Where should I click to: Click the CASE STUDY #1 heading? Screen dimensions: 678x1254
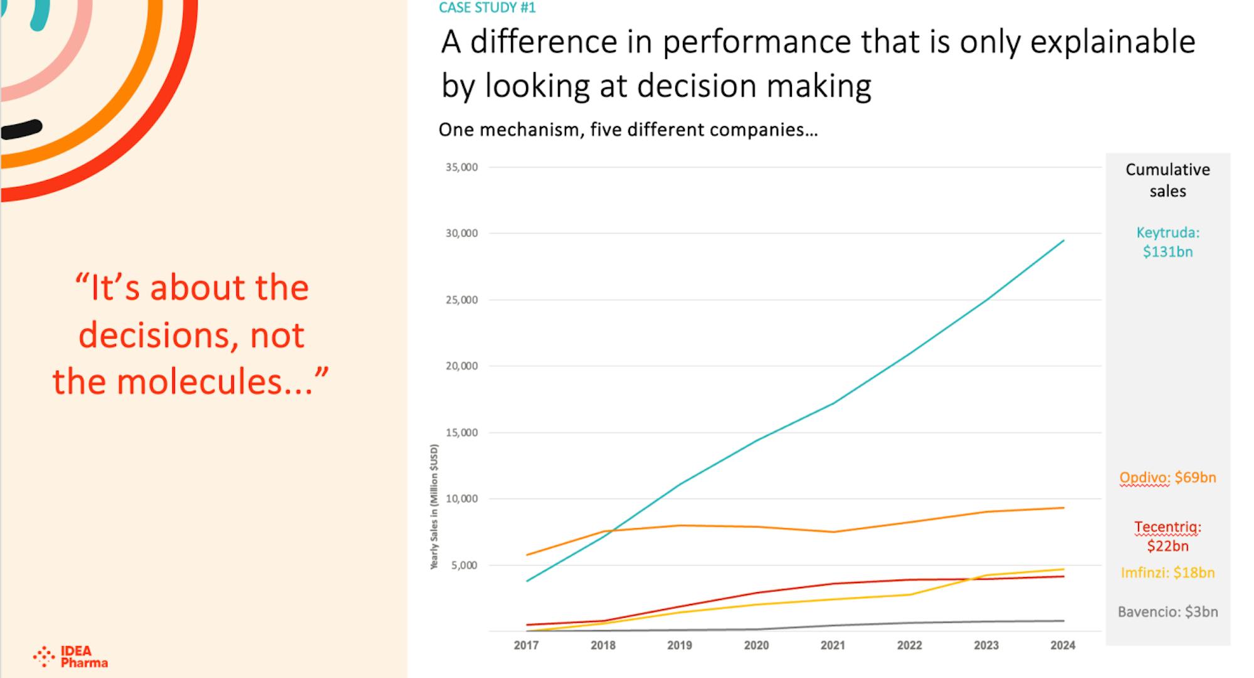click(x=487, y=8)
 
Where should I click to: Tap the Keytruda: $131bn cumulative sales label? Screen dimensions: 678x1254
click(x=1167, y=242)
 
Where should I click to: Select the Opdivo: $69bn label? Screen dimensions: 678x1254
click(x=1167, y=478)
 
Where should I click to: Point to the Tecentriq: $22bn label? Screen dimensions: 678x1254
click(x=1167, y=537)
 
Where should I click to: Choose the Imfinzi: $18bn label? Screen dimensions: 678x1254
click(x=1167, y=573)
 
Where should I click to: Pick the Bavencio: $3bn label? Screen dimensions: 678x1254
click(x=1167, y=612)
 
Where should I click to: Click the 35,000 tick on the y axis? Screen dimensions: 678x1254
click(x=461, y=167)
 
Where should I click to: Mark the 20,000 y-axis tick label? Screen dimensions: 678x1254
click(x=461, y=366)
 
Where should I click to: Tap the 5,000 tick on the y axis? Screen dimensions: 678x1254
click(x=464, y=566)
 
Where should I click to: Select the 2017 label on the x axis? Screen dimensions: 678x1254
click(x=526, y=645)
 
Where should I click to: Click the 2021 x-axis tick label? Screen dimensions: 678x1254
click(x=833, y=645)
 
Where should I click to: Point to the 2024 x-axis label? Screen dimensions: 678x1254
click(x=1063, y=645)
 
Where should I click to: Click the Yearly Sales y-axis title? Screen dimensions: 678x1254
click(x=434, y=507)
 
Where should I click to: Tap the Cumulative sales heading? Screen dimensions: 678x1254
click(x=1167, y=180)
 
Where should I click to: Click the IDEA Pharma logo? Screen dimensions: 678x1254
click(x=70, y=657)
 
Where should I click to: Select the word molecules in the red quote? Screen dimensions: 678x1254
click(x=214, y=382)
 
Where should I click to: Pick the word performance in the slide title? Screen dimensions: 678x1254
click(x=757, y=43)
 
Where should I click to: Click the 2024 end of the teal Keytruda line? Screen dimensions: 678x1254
click(x=1063, y=240)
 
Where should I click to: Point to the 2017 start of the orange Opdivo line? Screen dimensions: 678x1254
click(x=527, y=555)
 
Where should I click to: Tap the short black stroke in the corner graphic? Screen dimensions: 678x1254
click(x=21, y=129)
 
